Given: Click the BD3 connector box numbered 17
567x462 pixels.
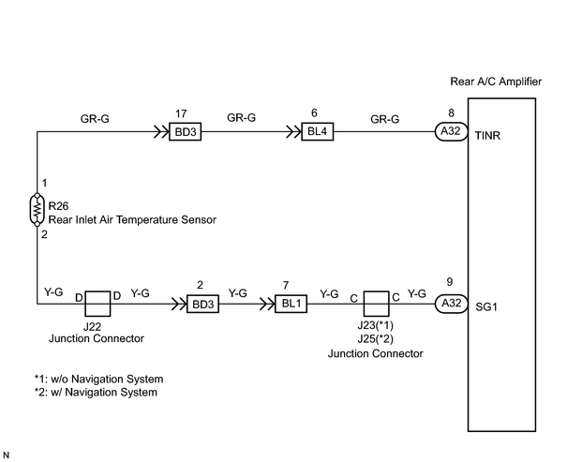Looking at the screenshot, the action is (186, 131).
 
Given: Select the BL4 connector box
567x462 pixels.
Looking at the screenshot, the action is (318, 131).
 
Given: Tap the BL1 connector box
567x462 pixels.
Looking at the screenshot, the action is (291, 304).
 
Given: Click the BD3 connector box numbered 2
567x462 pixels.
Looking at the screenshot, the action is (202, 304).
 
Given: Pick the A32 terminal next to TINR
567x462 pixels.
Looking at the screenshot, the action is (451, 131).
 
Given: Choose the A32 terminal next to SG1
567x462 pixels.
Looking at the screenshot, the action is (451, 304).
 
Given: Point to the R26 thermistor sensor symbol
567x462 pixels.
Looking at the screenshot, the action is (37, 210).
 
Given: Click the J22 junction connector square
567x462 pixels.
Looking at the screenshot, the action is (97, 304).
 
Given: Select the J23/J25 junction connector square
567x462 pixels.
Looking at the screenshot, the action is (377, 304).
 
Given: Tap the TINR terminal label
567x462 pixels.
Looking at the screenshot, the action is (487, 136).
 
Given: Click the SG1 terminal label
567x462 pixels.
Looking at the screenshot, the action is (486, 307).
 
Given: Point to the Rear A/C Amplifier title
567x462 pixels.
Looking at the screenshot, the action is (496, 82).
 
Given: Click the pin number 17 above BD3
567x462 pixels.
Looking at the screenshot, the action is (181, 114).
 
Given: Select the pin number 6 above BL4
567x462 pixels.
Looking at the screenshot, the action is (314, 113).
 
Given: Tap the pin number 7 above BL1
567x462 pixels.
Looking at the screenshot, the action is (286, 286).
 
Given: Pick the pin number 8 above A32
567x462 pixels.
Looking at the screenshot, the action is (451, 113).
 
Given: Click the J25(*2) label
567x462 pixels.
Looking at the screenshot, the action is (376, 339).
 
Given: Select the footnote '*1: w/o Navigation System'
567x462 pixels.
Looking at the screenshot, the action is (98, 380).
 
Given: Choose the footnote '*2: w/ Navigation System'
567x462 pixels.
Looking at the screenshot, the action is (96, 393).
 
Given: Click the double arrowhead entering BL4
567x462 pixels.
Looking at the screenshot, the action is (294, 131).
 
